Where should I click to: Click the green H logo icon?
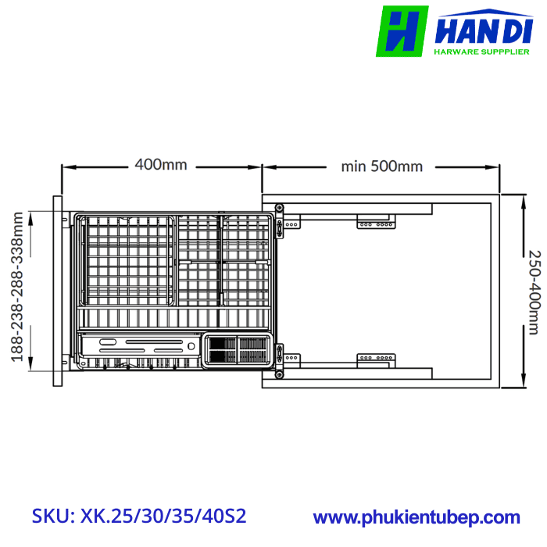pyautogui.click(x=402, y=31)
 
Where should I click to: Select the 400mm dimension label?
pyautogui.click(x=161, y=166)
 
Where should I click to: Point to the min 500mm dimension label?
pyautogui.click(x=382, y=166)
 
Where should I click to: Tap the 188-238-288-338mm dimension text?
pyautogui.click(x=16, y=288)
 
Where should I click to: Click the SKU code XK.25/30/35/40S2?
pyautogui.click(x=140, y=517)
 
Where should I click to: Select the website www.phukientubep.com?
pyautogui.click(x=417, y=517)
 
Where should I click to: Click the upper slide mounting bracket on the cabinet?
pyautogui.click(x=377, y=223)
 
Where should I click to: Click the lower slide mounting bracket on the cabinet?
pyautogui.click(x=377, y=359)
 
